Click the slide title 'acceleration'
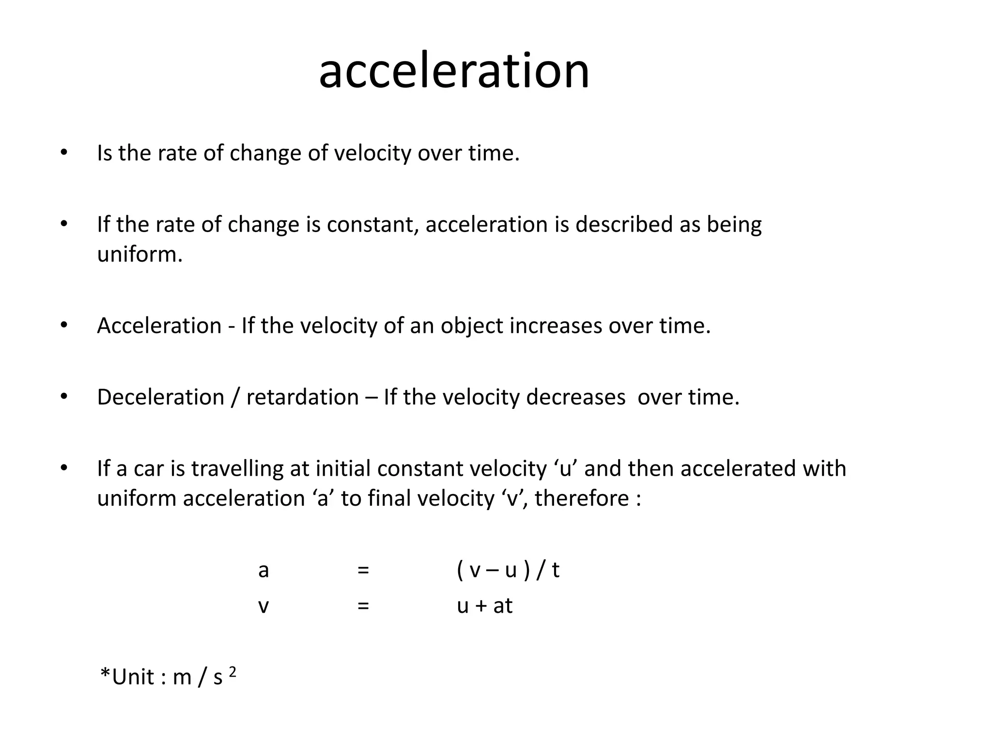point(454,72)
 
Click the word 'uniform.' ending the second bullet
point(139,254)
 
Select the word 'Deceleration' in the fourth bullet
point(160,397)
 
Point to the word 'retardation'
point(302,397)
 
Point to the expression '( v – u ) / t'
point(508,570)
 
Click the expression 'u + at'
point(484,606)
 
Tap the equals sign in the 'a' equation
point(363,570)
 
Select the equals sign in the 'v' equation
point(363,606)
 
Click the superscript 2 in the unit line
point(232,672)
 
